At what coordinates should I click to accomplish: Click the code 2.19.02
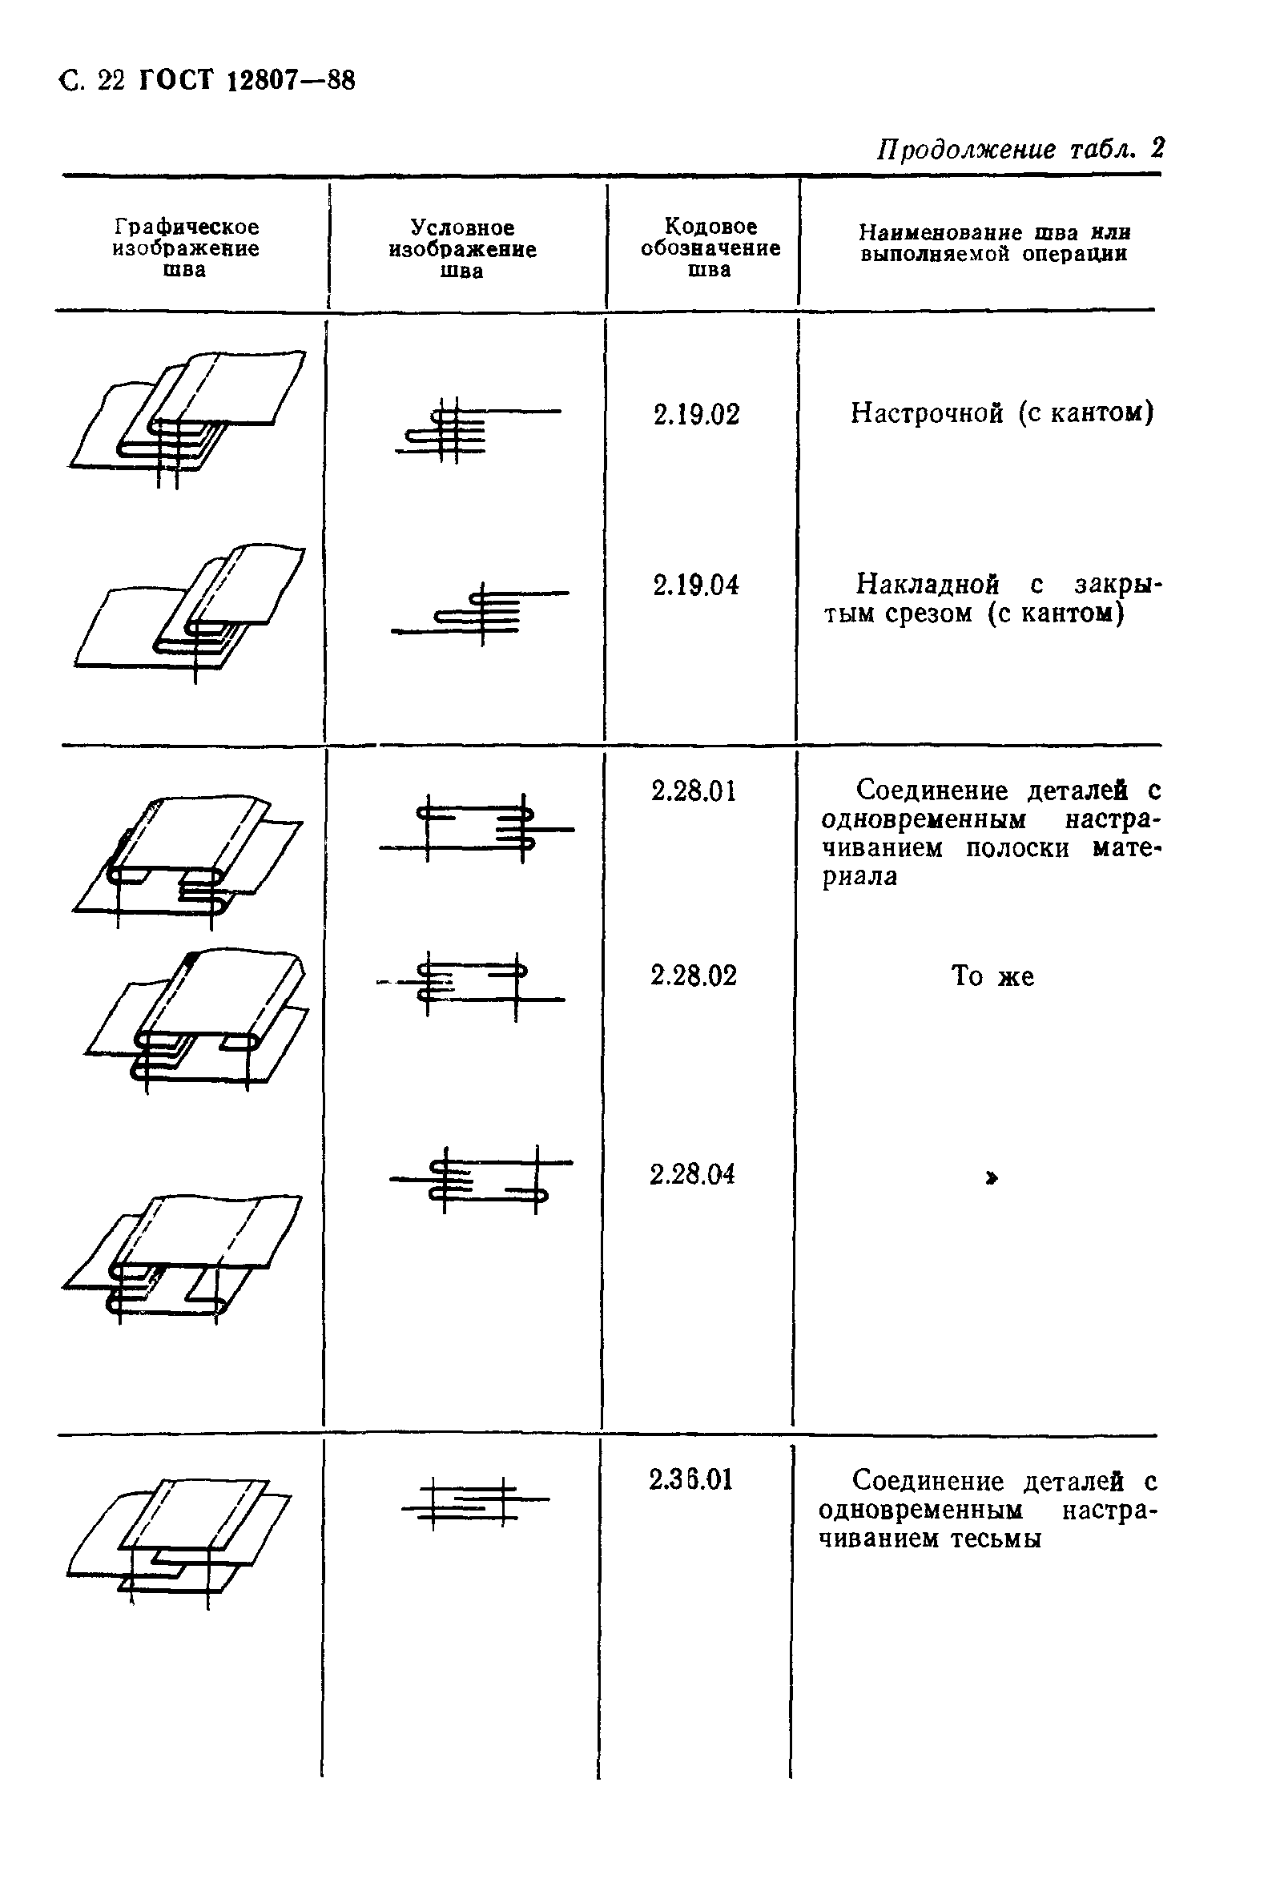click(696, 414)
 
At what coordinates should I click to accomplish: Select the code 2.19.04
click(696, 585)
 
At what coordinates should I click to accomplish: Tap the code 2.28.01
click(694, 791)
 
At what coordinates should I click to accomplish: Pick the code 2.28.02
click(694, 976)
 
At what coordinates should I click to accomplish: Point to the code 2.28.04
click(693, 1174)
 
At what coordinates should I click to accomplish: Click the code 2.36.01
click(691, 1479)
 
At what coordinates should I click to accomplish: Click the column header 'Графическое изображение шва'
click(186, 248)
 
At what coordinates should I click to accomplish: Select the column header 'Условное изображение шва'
click(463, 249)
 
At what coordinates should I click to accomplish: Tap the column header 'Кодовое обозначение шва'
click(710, 247)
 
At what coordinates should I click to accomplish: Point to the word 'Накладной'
click(928, 584)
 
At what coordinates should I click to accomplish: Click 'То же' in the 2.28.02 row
click(992, 976)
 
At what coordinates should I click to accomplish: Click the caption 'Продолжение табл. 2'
click(1020, 149)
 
